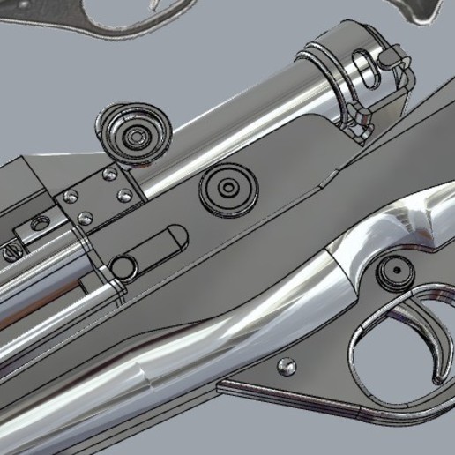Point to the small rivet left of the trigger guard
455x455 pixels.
pos(286,364)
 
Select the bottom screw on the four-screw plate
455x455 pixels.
pos(85,217)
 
